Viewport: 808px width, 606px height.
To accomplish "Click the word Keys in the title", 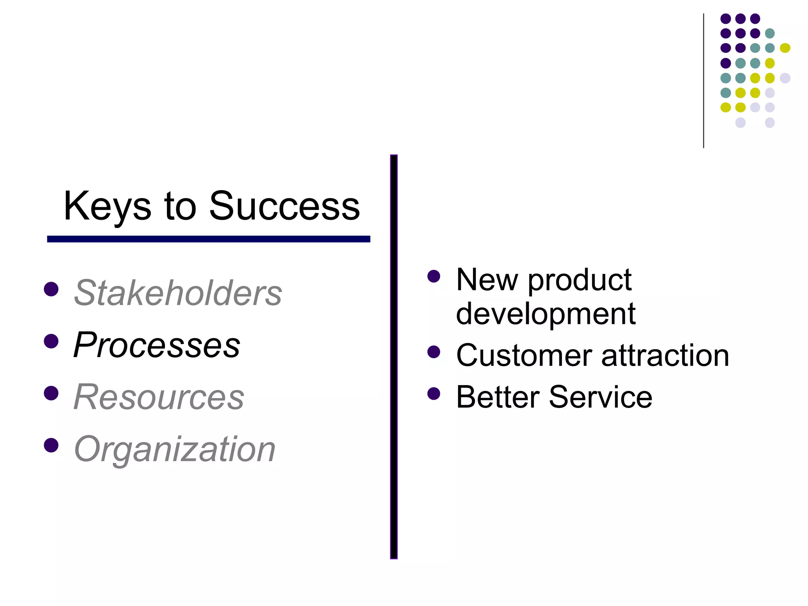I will point(107,206).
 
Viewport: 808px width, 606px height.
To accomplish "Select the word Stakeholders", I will point(178,293).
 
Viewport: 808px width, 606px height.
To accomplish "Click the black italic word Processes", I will point(157,345).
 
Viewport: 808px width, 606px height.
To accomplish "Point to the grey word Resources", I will point(159,397).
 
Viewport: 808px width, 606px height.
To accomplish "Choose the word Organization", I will point(175,449).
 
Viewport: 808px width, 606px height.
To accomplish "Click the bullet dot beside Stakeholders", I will point(51,289).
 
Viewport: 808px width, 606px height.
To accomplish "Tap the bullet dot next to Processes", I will point(51,341).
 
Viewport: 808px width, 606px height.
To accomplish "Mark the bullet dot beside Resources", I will point(51,393).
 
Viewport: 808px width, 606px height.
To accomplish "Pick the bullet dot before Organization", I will point(51,445).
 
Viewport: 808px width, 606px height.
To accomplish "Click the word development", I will point(546,314).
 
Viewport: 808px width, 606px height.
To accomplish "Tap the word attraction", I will point(665,355).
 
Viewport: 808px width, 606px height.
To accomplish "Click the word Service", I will point(600,397).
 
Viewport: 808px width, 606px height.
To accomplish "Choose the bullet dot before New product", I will point(434,276).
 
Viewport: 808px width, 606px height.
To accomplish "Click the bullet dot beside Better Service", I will point(434,393).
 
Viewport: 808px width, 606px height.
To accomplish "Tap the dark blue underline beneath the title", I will point(208,239).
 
